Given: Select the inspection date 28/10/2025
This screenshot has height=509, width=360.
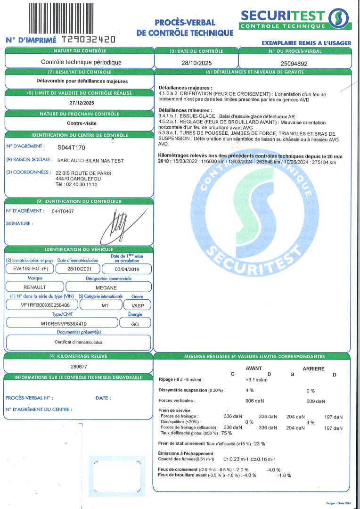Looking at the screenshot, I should coord(195,62).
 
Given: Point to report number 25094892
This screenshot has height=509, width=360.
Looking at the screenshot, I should coord(294,62).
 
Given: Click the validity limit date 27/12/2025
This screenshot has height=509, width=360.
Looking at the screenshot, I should coord(79,103).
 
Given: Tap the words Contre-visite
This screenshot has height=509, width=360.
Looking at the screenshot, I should coord(79,123).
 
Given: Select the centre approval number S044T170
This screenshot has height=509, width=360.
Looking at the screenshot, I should coord(72,147).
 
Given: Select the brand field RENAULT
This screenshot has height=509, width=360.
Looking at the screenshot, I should coord(35,287).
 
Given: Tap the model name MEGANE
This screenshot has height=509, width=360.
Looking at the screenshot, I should coord(108,287).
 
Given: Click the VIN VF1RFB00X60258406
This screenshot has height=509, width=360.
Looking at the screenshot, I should coord(42,305).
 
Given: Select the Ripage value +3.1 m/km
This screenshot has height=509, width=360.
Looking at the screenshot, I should coord(257,379).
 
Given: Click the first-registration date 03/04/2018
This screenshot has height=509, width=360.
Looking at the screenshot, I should coord(127,269).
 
